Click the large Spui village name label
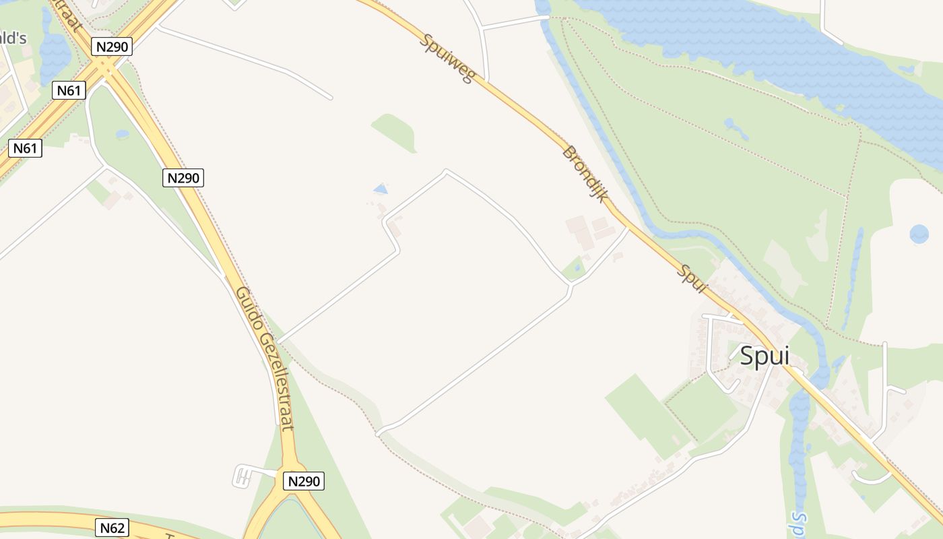coord(764,356)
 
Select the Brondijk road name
coord(585,175)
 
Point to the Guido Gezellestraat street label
coord(265,358)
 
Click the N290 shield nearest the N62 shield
coord(304,481)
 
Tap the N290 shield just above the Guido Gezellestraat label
coord(183,178)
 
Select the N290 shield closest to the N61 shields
coord(112,46)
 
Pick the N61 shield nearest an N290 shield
coord(69,90)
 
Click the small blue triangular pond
coord(381,189)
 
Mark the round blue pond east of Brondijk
coord(919,234)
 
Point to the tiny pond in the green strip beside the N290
coord(122,134)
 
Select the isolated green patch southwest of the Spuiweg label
coord(395,131)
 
